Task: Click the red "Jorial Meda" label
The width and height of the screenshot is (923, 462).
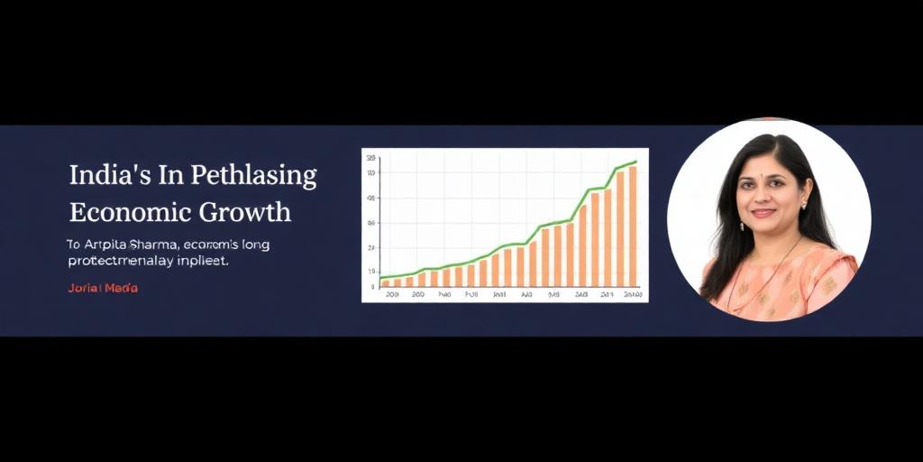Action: tap(103, 288)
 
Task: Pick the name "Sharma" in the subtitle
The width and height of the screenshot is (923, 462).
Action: tap(156, 244)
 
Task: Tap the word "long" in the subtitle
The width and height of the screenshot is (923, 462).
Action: tap(279, 245)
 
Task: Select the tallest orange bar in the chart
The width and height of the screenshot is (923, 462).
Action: tap(633, 226)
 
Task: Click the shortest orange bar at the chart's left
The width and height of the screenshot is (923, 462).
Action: tap(386, 282)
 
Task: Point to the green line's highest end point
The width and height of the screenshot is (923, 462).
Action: tap(635, 162)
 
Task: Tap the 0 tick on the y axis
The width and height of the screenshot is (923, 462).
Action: tap(372, 286)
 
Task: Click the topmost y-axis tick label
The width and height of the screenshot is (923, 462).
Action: tap(370, 159)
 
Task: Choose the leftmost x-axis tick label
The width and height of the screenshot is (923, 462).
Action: tap(391, 294)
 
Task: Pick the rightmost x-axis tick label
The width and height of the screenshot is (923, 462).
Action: tap(633, 294)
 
